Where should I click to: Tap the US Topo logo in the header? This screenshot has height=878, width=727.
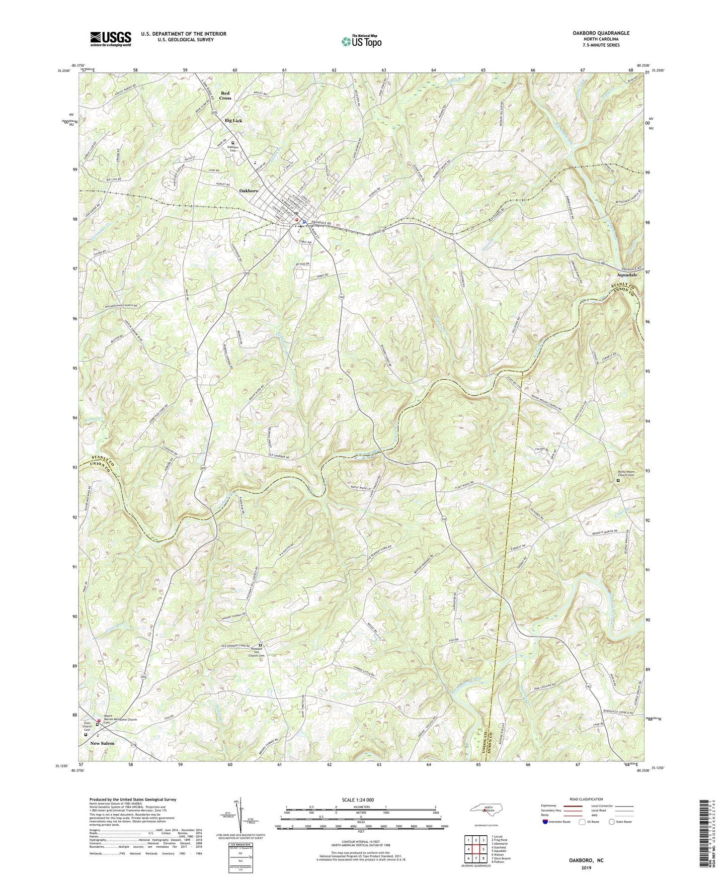pos(360,41)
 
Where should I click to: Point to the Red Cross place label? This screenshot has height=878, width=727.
pos(225,96)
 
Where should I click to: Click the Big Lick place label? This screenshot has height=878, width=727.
pos(233,121)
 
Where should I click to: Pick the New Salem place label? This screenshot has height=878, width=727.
pos(102,743)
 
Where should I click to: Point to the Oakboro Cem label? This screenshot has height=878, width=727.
pos(232,148)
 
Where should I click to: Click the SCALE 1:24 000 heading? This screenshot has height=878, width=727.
pos(359,800)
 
